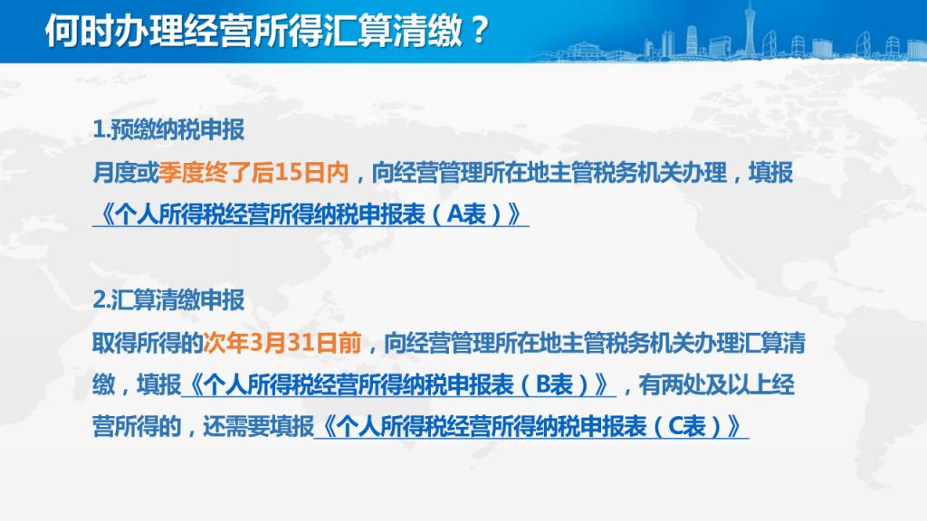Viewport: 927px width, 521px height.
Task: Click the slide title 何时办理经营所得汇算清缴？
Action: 267,30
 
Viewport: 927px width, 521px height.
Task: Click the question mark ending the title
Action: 480,30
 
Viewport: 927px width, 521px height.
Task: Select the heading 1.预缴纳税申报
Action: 168,130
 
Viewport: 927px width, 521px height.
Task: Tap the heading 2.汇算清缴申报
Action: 168,300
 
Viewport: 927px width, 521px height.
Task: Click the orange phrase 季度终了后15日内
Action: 253,173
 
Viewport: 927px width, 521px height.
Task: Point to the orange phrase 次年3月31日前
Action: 282,343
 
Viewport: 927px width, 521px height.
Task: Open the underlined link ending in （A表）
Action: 311,214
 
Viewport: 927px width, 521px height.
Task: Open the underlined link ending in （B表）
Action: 398,385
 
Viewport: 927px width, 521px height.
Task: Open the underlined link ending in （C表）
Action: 530,427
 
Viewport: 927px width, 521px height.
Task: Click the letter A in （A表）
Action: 454,214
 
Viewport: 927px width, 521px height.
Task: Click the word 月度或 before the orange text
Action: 126,173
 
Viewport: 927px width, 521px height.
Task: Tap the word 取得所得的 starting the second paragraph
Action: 148,343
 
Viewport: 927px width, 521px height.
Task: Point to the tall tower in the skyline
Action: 750,30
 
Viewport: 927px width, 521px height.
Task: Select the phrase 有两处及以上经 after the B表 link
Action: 717,385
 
